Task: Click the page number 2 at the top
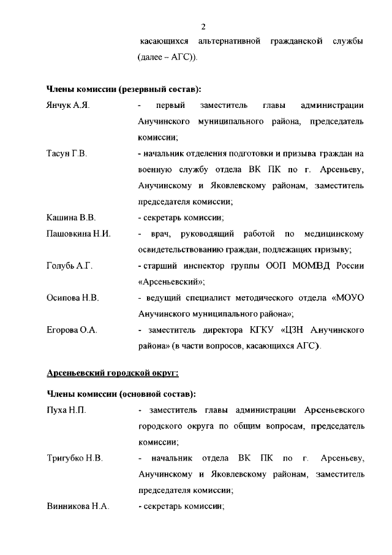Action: pos(203,26)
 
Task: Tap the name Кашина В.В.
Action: pos(72,218)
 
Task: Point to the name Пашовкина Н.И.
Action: pos(78,234)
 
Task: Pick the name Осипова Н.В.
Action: pos(73,298)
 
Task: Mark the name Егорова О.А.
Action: pos(72,330)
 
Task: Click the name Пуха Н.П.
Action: pos(66,410)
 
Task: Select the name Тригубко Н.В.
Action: pos(75,458)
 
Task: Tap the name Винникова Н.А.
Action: pos(78,506)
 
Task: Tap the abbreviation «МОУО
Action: pos(347,298)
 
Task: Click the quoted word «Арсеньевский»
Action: pos(171,282)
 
